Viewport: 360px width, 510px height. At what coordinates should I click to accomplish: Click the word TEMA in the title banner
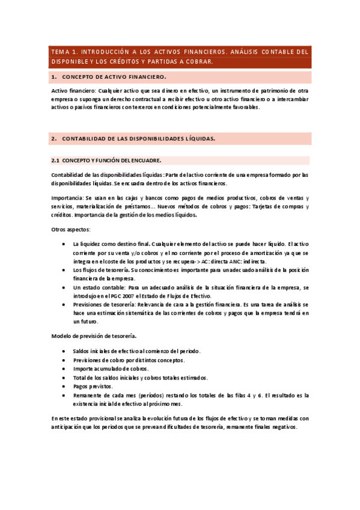pos(61,52)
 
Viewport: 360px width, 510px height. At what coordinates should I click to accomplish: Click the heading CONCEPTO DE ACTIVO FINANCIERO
pos(114,77)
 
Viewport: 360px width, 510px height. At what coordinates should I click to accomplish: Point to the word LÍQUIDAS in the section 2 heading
pos(197,138)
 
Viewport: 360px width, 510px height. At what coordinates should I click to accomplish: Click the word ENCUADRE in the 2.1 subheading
pos(144,161)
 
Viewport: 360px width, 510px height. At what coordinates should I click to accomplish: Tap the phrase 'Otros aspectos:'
pos(70,230)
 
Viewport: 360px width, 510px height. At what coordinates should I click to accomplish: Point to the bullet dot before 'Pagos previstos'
pos(64,387)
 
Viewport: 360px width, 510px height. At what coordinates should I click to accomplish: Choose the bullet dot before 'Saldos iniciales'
pos(64,351)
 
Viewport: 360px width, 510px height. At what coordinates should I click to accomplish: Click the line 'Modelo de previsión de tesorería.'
pos(93,335)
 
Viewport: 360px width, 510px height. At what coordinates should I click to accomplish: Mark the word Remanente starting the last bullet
pos(88,396)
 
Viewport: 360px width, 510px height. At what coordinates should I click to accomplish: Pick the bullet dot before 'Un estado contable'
pos(64,288)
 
